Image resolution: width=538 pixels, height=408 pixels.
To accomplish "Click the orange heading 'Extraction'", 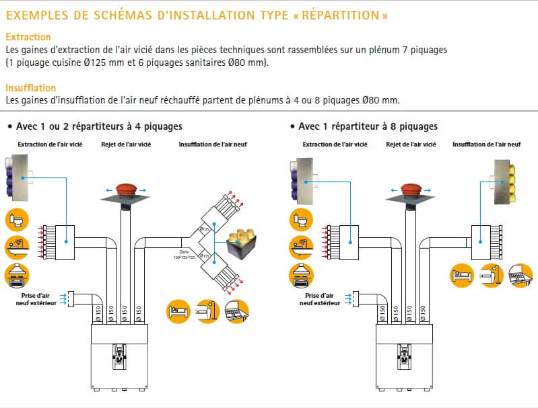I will [28, 37].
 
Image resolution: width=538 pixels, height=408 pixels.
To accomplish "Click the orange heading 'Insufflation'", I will [30, 87].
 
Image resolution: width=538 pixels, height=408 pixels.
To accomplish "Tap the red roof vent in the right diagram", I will [411, 190].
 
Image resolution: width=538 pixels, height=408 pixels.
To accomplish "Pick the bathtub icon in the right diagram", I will [301, 245].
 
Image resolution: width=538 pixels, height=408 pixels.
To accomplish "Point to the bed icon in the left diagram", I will [178, 311].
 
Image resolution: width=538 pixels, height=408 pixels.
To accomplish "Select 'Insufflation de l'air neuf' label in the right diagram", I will [486, 144].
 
